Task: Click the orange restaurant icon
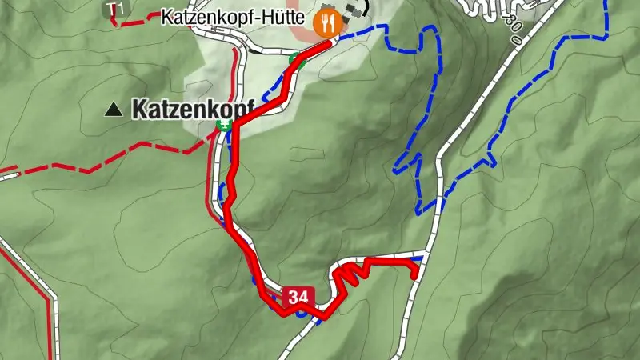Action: click(327, 22)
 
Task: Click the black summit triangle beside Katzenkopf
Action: click(115, 109)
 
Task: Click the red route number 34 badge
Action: click(297, 298)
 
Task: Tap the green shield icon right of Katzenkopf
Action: click(226, 124)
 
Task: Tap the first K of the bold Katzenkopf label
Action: click(139, 109)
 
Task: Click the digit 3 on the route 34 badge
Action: click(292, 298)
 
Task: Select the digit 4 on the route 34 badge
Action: click(302, 298)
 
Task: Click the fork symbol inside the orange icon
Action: click(323, 22)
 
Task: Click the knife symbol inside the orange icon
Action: click(331, 22)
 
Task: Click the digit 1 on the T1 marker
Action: click(121, 9)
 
